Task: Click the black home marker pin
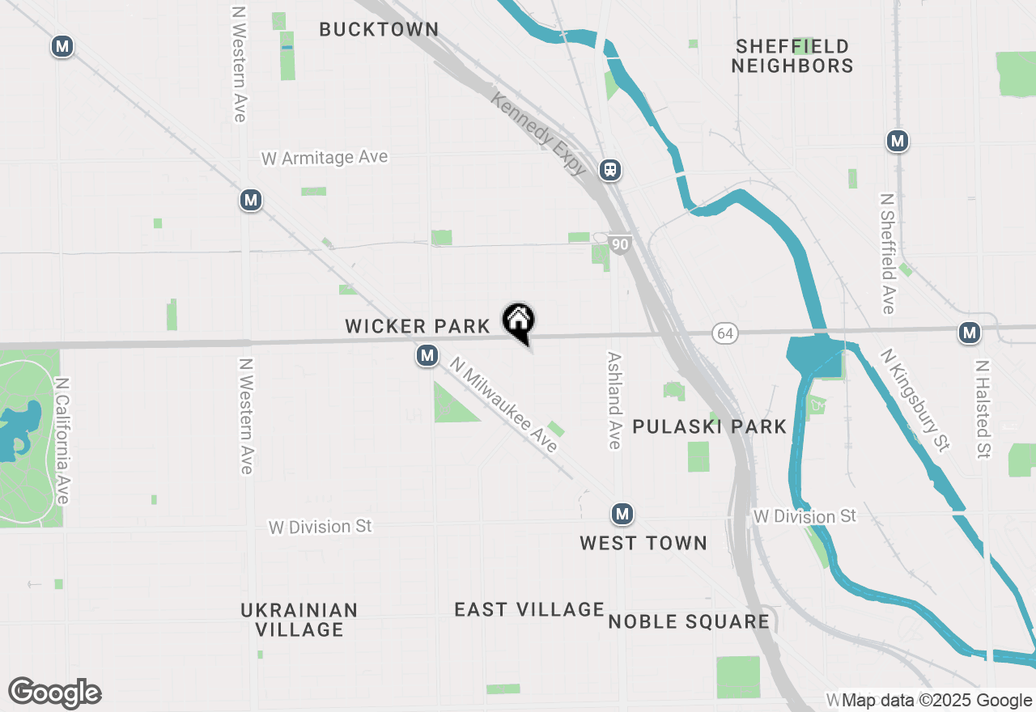[518, 321]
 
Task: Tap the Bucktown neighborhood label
[379, 30]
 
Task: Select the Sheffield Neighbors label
[792, 56]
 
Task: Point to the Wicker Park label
[418, 326]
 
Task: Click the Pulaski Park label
[709, 426]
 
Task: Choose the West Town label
[643, 543]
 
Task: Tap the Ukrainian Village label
[299, 619]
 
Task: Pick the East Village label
[529, 609]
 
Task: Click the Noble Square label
[689, 621]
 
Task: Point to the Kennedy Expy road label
[539, 133]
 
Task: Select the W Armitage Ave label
[325, 157]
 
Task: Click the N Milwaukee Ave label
[505, 405]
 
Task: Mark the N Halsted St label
[983, 409]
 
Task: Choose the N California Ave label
[62, 440]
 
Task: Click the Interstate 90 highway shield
[620, 244]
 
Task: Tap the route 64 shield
[725, 333]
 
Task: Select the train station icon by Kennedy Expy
[610, 170]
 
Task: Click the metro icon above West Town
[622, 514]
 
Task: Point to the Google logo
[54, 693]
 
